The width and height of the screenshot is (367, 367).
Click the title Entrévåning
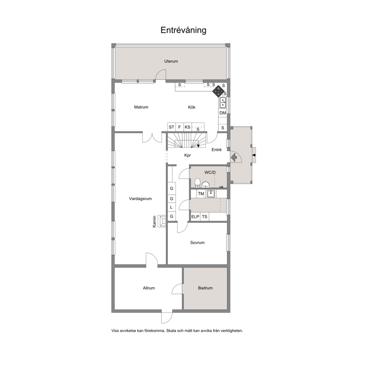pos(183,30)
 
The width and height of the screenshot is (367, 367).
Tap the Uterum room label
pos(171,61)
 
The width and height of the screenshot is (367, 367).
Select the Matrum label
pos(141,107)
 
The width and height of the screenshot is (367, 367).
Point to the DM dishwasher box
pos(223,113)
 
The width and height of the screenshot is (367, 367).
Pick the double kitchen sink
pos(223,103)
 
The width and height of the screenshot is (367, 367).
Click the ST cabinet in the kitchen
pos(172,127)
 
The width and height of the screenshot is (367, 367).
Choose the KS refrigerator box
pos(188,127)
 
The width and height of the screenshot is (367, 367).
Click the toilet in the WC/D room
pos(198,183)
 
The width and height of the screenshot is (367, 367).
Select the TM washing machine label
pos(201,194)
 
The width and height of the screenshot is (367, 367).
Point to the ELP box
pos(195,217)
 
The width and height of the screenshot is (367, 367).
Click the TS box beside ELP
pos(205,217)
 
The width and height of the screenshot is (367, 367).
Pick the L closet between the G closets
pos(171,207)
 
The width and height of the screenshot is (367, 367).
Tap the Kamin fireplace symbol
pos(162,221)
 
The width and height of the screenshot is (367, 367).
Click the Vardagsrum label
pos(140,199)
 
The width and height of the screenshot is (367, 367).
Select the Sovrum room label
pos(197,243)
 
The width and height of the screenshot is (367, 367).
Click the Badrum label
pos(205,288)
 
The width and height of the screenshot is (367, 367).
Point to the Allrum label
pos(149,288)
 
